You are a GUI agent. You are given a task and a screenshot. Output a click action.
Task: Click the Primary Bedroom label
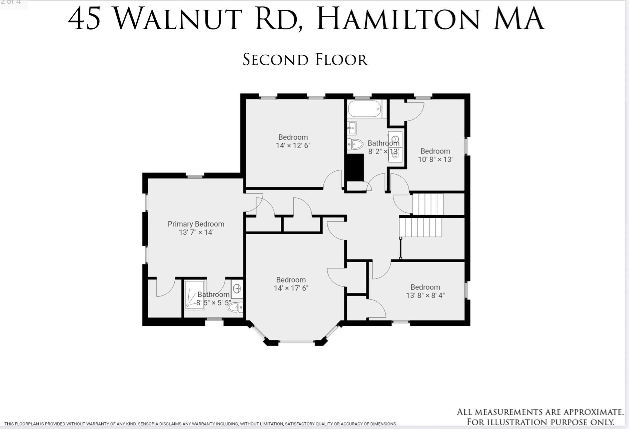tap(196, 224)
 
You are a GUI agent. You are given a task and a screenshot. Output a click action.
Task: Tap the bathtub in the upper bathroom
tap(364, 109)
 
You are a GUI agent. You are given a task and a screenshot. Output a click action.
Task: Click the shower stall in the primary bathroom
tap(194, 295)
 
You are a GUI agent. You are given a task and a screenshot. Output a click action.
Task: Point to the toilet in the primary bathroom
tap(236, 307)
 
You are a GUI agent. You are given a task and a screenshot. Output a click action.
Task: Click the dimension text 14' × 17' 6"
tap(291, 288)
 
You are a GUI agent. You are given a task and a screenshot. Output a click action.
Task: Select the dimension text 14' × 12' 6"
tap(293, 145)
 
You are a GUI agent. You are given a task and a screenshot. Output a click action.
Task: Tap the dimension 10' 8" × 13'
tap(435, 159)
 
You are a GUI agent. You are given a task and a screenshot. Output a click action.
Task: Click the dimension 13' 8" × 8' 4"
tap(425, 296)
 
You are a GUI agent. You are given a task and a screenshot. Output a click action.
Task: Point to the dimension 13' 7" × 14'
tap(196, 232)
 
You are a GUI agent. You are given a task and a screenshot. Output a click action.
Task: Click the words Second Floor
tap(305, 60)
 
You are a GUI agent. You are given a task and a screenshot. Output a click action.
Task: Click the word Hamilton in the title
tap(398, 19)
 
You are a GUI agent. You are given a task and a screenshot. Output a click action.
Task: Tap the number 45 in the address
tap(84, 19)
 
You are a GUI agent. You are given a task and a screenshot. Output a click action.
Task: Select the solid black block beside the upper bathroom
tap(355, 168)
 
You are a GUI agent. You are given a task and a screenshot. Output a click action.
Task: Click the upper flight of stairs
tap(428, 204)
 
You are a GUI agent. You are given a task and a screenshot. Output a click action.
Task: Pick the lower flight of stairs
tap(420, 227)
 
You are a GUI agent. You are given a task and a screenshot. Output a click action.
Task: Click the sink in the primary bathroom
tap(237, 289)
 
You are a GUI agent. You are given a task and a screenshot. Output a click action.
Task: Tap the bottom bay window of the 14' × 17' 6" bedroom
tap(296, 341)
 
